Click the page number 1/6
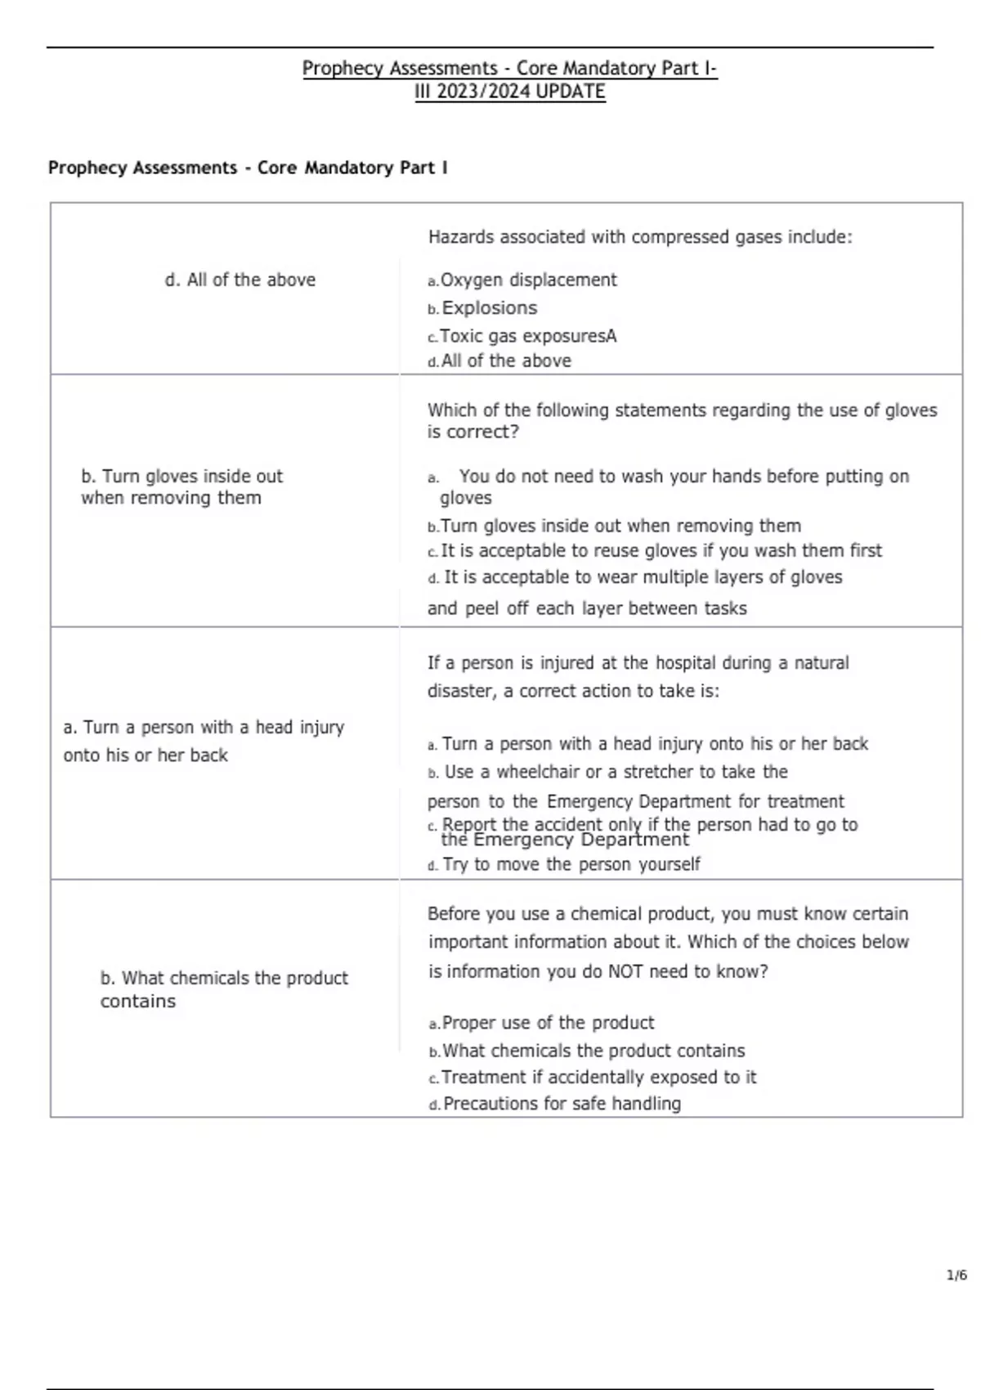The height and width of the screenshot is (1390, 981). [x=956, y=1275]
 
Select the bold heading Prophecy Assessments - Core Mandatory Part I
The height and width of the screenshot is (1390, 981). [x=248, y=168]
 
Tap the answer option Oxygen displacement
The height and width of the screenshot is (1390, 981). [x=528, y=280]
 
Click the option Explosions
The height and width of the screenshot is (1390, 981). [x=489, y=308]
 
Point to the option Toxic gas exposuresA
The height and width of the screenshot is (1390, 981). [x=527, y=336]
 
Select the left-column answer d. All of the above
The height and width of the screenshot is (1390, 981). [x=240, y=280]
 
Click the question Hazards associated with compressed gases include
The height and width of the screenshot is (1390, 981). [x=639, y=237]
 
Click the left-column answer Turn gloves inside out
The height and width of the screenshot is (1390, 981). [x=181, y=486]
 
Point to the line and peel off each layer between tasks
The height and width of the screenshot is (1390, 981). [x=586, y=608]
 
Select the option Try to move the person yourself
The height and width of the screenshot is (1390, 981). [x=571, y=864]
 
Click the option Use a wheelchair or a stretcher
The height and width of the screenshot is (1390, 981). [x=615, y=772]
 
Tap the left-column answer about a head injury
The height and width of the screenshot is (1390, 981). [x=203, y=741]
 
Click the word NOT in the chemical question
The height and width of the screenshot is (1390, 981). [x=625, y=971]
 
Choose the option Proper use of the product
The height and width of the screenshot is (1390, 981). [x=547, y=1023]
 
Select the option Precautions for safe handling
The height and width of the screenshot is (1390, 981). [x=561, y=1104]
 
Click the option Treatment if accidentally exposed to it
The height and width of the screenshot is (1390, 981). [x=598, y=1077]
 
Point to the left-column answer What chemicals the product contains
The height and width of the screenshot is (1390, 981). [x=223, y=989]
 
